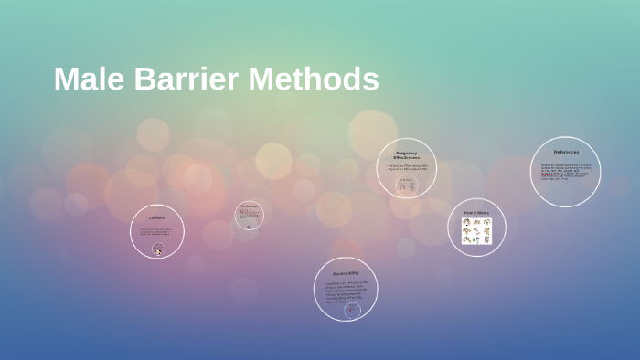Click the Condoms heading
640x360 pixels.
[157, 217]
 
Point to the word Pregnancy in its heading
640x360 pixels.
[407, 153]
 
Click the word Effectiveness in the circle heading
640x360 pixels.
[407, 158]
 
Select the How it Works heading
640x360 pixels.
[476, 213]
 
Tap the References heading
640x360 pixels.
[566, 152]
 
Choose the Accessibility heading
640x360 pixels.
[346, 273]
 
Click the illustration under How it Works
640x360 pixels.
[476, 231]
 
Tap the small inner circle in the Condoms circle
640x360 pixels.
[158, 249]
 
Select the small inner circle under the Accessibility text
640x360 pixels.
[352, 311]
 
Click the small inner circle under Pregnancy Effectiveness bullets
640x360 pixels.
[407, 185]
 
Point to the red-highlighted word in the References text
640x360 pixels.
[546, 172]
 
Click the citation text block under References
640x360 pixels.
[564, 171]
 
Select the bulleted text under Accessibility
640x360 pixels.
[346, 291]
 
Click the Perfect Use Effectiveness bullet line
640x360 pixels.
[407, 165]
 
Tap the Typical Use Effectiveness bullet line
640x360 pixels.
[407, 169]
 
